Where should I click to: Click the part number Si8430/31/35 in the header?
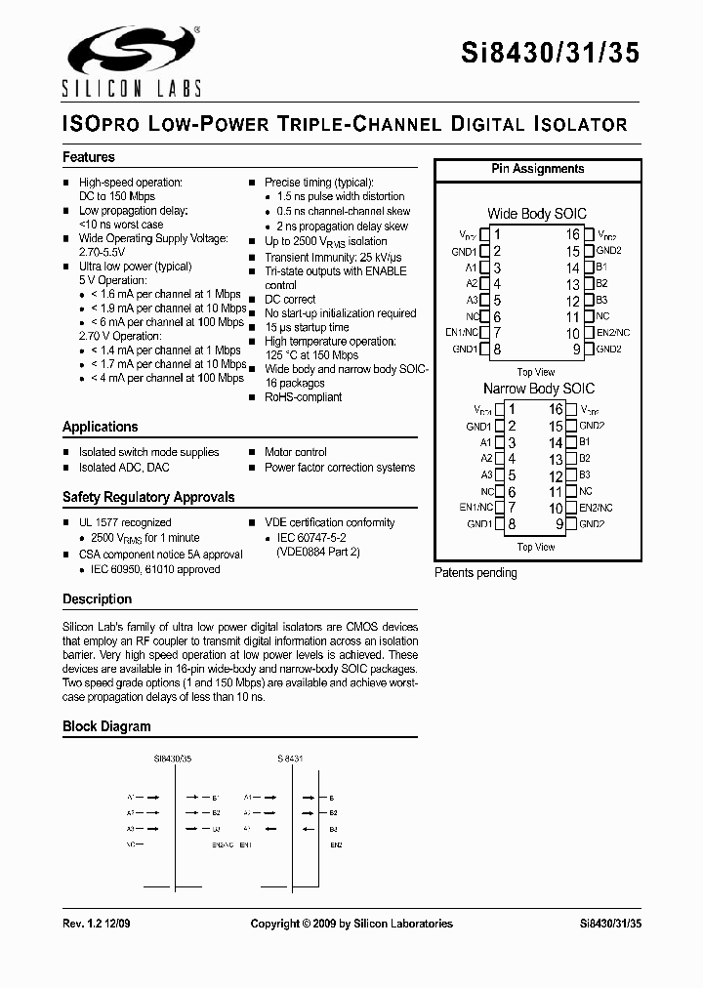(550, 55)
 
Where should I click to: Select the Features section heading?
(89, 157)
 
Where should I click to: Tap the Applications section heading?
(101, 427)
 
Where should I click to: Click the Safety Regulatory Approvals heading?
(148, 497)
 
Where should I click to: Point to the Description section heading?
(97, 599)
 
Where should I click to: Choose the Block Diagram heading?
(106, 726)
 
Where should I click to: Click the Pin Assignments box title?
(537, 169)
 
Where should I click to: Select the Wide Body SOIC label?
(537, 214)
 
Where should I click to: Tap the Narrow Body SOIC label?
(538, 389)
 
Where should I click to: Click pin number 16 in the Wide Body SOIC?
(573, 234)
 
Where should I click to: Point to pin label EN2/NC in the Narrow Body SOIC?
(596, 509)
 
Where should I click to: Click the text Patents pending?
(476, 573)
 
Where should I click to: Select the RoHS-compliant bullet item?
(303, 397)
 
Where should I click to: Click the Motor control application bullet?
(295, 452)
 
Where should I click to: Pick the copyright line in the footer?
(351, 924)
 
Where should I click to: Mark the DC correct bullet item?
(290, 300)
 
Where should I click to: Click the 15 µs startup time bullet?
(307, 328)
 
